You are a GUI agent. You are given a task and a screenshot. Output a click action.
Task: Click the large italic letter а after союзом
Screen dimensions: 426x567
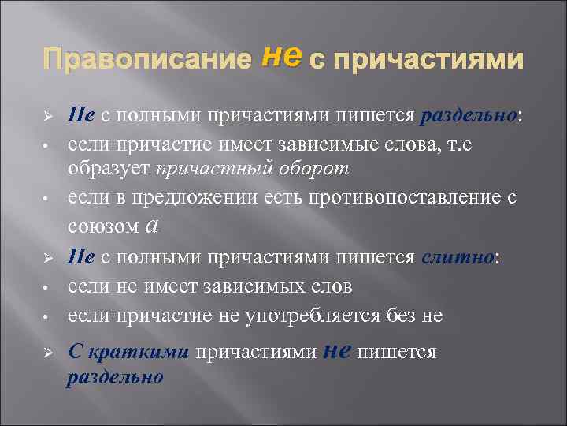pos(154,226)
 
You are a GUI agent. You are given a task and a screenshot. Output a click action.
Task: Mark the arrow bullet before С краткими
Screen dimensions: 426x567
pos(48,353)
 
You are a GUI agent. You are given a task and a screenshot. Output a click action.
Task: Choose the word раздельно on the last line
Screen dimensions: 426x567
pos(114,377)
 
